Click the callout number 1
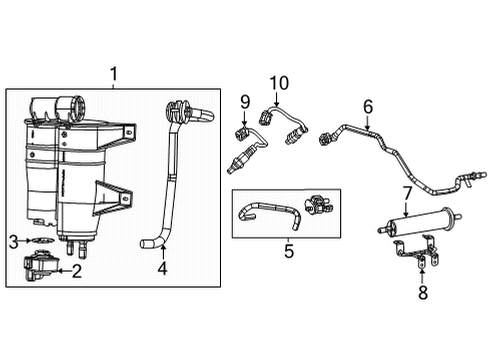click(113, 74)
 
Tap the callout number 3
click(13, 241)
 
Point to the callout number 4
click(162, 267)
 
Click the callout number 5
click(289, 252)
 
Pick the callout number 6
click(367, 106)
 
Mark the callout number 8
click(421, 293)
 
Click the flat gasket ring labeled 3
click(39, 241)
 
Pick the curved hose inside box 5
click(268, 213)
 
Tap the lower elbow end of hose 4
click(150, 243)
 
